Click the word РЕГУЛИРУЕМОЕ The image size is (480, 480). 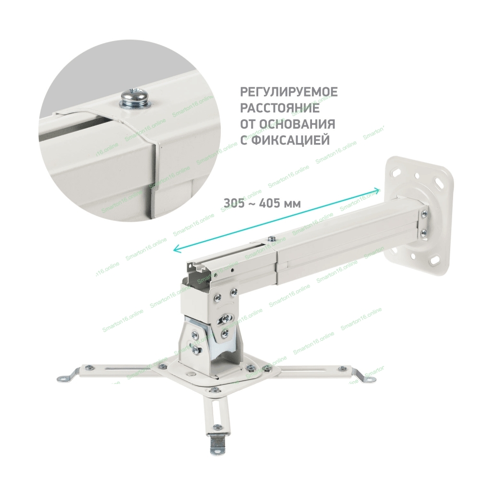point(288,92)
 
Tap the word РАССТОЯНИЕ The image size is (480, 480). point(280,108)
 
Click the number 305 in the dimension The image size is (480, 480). point(234,203)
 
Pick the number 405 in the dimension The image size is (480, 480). point(269,203)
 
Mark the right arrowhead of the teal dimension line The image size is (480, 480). point(376,192)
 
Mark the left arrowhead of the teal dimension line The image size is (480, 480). point(177,250)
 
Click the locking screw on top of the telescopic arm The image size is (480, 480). point(271,238)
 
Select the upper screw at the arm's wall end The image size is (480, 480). point(424,214)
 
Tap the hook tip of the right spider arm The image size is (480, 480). point(370,379)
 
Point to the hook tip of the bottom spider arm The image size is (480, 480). point(217,459)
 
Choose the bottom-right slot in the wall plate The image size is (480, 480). point(435,261)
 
